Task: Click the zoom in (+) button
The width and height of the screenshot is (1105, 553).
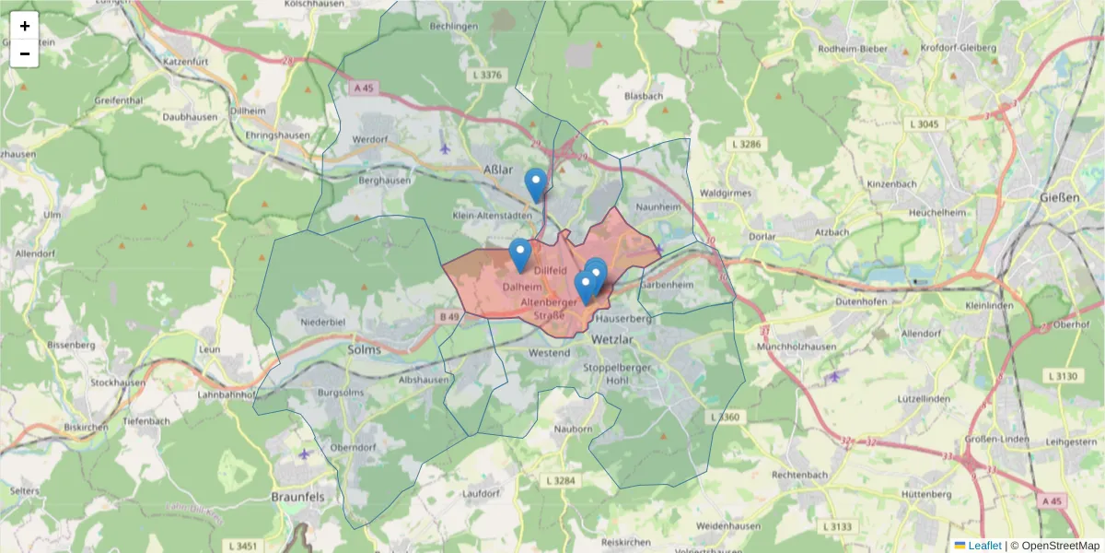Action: click(x=25, y=26)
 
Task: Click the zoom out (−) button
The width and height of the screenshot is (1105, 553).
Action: click(x=25, y=53)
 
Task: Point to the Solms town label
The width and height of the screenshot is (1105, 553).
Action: click(x=365, y=349)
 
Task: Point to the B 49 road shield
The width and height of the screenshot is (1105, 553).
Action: click(x=448, y=317)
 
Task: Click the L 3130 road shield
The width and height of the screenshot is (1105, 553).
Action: click(x=1063, y=377)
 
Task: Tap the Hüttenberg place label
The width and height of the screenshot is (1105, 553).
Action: click(x=925, y=494)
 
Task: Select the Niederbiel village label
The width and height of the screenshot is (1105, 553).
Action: click(x=322, y=322)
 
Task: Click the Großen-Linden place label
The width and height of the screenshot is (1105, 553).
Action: click(x=990, y=439)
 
